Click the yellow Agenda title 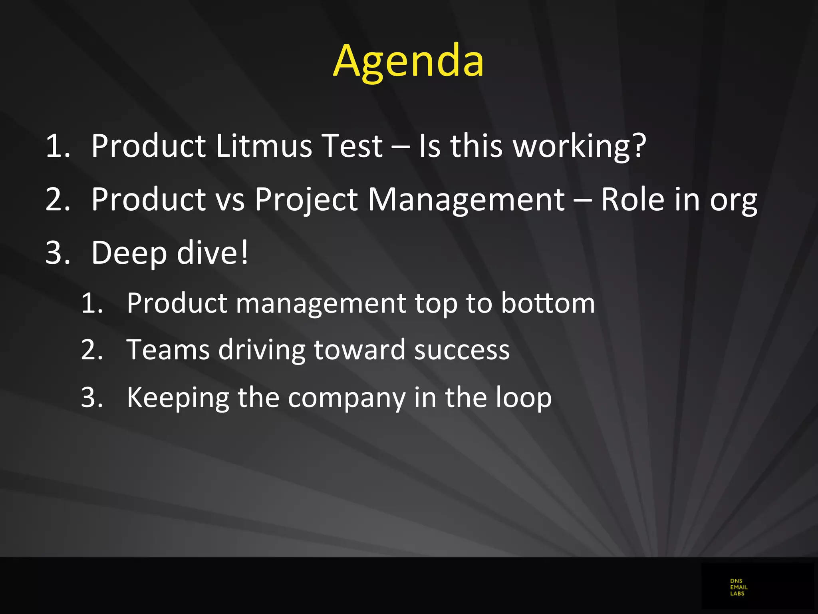pyautogui.click(x=408, y=61)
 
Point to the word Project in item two pyautogui.click(x=306, y=199)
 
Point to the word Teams pyautogui.click(x=168, y=350)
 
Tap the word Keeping pyautogui.click(x=178, y=398)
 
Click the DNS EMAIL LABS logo pyautogui.click(x=738, y=587)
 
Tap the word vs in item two pyautogui.click(x=230, y=200)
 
